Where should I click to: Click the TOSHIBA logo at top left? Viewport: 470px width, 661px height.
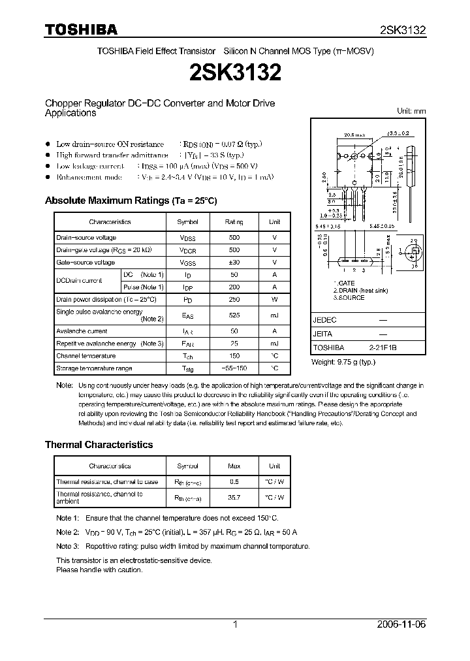pyautogui.click(x=81, y=29)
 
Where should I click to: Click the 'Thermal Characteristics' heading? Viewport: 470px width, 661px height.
pyautogui.click(x=99, y=444)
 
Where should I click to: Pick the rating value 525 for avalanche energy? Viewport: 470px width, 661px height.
pyautogui.click(x=234, y=315)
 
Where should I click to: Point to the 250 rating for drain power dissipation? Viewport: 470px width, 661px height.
pyautogui.click(x=234, y=299)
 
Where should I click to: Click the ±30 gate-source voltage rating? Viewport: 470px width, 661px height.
pyautogui.click(x=234, y=262)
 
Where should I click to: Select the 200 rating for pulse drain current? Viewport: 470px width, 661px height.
pyautogui.click(x=234, y=287)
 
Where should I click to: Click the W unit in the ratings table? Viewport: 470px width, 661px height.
pyautogui.click(x=274, y=299)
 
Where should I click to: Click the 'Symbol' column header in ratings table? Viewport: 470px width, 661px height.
pyautogui.click(x=188, y=222)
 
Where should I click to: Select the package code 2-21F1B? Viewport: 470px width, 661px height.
pyautogui.click(x=383, y=348)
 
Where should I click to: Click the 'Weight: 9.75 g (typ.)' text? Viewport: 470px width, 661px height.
pyautogui.click(x=343, y=362)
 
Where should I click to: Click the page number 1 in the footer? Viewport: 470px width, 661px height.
pyautogui.click(x=234, y=624)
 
